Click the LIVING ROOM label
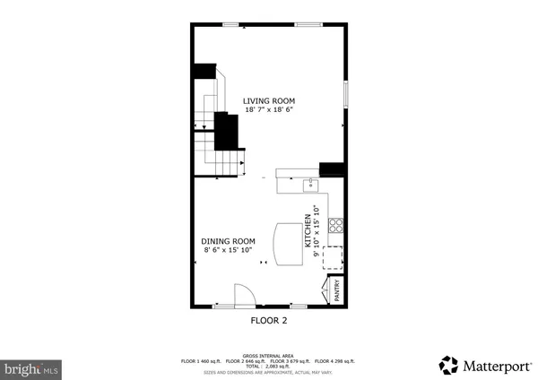click(269, 100)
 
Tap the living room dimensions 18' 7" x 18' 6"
click(269, 110)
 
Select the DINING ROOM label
click(228, 241)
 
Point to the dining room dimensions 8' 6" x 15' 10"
click(228, 251)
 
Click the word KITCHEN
click(308, 231)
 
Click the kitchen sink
click(310, 185)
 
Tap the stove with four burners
click(337, 226)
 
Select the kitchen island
click(289, 244)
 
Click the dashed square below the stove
click(334, 257)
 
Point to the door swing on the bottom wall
click(243, 296)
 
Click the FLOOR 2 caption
click(268, 319)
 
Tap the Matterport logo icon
click(447, 365)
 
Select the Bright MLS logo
click(31, 368)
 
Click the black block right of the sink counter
click(333, 168)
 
